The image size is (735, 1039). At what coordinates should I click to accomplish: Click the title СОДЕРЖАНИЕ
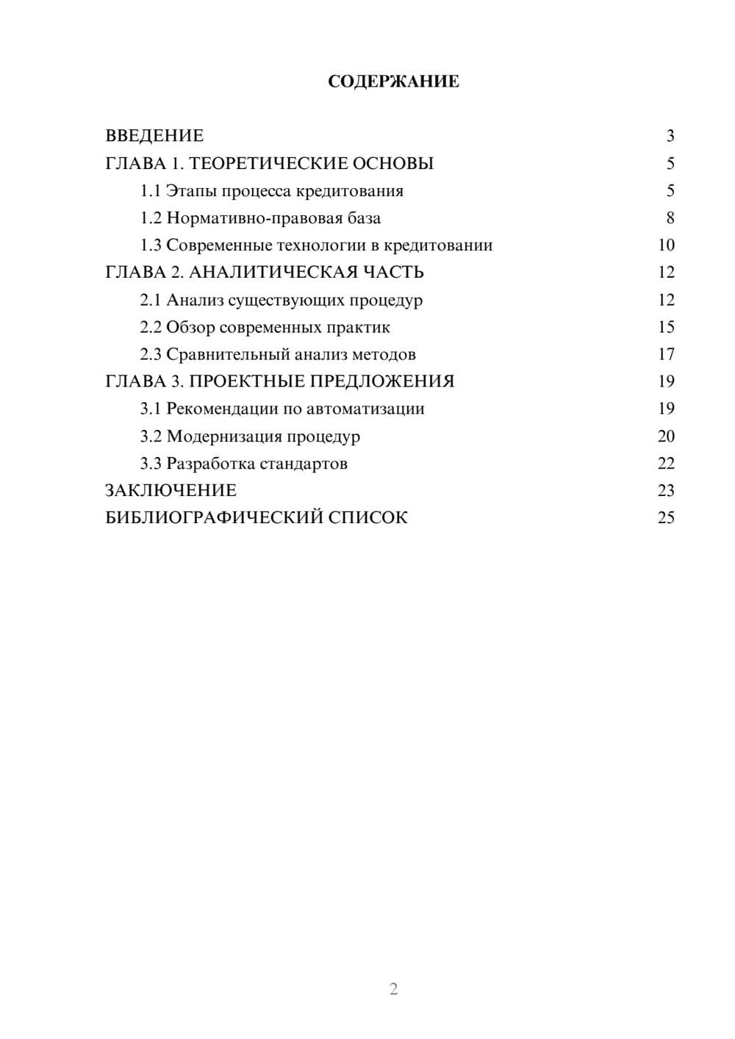tap(393, 82)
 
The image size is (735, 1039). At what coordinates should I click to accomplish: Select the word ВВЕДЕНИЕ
tap(154, 136)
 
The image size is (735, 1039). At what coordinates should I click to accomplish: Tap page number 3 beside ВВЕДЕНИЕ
tap(670, 136)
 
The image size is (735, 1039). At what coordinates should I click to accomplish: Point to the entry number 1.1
tap(151, 191)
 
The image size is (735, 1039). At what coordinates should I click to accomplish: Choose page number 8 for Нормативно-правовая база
tap(670, 218)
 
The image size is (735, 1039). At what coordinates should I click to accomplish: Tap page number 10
tap(666, 245)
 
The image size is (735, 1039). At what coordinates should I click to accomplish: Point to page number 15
tap(666, 327)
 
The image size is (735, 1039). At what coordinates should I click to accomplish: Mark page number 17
tap(666, 354)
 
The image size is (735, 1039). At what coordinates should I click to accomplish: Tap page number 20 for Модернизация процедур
tap(666, 436)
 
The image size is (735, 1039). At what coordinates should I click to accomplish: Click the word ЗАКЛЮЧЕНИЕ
tap(171, 491)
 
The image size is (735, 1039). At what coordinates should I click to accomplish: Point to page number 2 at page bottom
tap(393, 989)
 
